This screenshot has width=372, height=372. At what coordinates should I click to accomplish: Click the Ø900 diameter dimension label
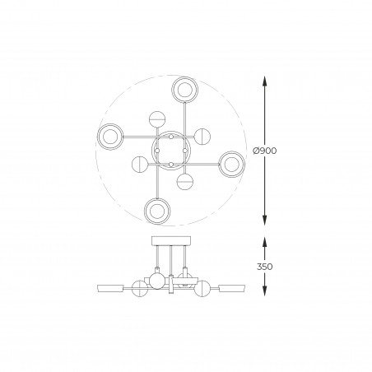(265, 151)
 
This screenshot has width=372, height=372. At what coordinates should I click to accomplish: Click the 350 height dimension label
(265, 267)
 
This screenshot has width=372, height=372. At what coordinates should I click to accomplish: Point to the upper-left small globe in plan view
(157, 119)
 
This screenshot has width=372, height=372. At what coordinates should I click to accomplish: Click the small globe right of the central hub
(202, 137)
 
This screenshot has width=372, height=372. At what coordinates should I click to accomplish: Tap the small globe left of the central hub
(140, 164)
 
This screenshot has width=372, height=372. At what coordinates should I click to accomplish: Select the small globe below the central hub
(185, 182)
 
